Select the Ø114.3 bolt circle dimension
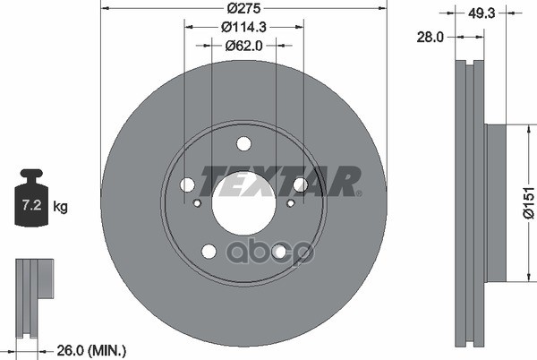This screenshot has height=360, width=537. point(243,29)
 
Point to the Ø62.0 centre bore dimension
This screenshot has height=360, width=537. point(243,46)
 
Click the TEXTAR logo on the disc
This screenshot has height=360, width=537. point(278,181)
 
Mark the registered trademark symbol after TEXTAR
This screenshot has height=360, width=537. point(358,192)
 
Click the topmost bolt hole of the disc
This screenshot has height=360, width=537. point(243,143)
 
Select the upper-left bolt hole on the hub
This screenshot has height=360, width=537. point(187,184)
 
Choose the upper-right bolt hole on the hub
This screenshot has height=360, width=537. point(300,184)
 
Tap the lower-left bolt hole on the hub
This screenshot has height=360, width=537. point(209,251)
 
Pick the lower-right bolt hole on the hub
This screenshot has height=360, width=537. point(278,251)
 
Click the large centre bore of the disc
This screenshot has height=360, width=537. point(243,204)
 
